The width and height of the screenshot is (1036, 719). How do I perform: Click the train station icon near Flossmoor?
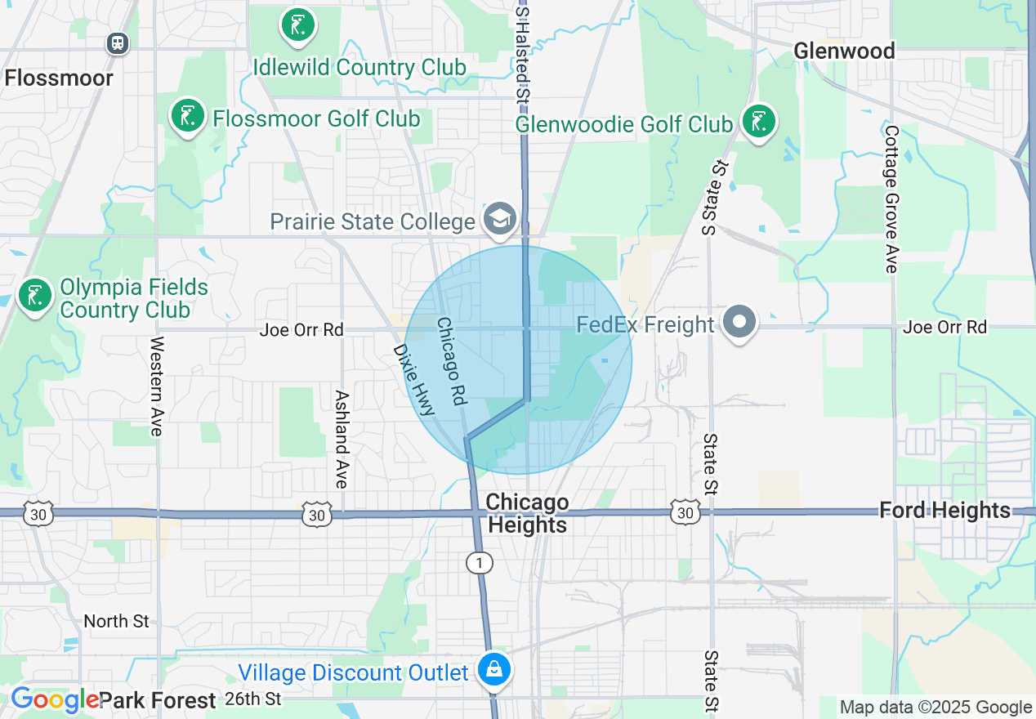(x=118, y=42)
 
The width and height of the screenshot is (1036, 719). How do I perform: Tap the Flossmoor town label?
(x=59, y=78)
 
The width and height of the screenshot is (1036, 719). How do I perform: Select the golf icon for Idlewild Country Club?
(x=297, y=25)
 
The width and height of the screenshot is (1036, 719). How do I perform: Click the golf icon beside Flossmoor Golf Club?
(x=188, y=116)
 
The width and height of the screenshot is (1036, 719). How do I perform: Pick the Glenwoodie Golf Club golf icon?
(x=759, y=122)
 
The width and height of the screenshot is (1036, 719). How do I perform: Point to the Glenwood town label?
(x=844, y=51)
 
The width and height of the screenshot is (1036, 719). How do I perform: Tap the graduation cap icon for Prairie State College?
(x=498, y=218)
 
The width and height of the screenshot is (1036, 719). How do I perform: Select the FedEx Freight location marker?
(x=739, y=322)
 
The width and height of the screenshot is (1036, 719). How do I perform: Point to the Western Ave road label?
(x=157, y=386)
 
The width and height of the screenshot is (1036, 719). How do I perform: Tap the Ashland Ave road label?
(x=342, y=439)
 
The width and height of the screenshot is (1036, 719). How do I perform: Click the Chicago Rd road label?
(x=451, y=361)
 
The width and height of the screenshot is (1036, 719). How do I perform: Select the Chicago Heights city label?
(x=527, y=514)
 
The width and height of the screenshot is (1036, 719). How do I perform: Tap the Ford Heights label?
(x=944, y=511)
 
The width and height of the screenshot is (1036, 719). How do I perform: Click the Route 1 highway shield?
(x=479, y=562)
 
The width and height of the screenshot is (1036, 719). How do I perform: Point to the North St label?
(x=117, y=621)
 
